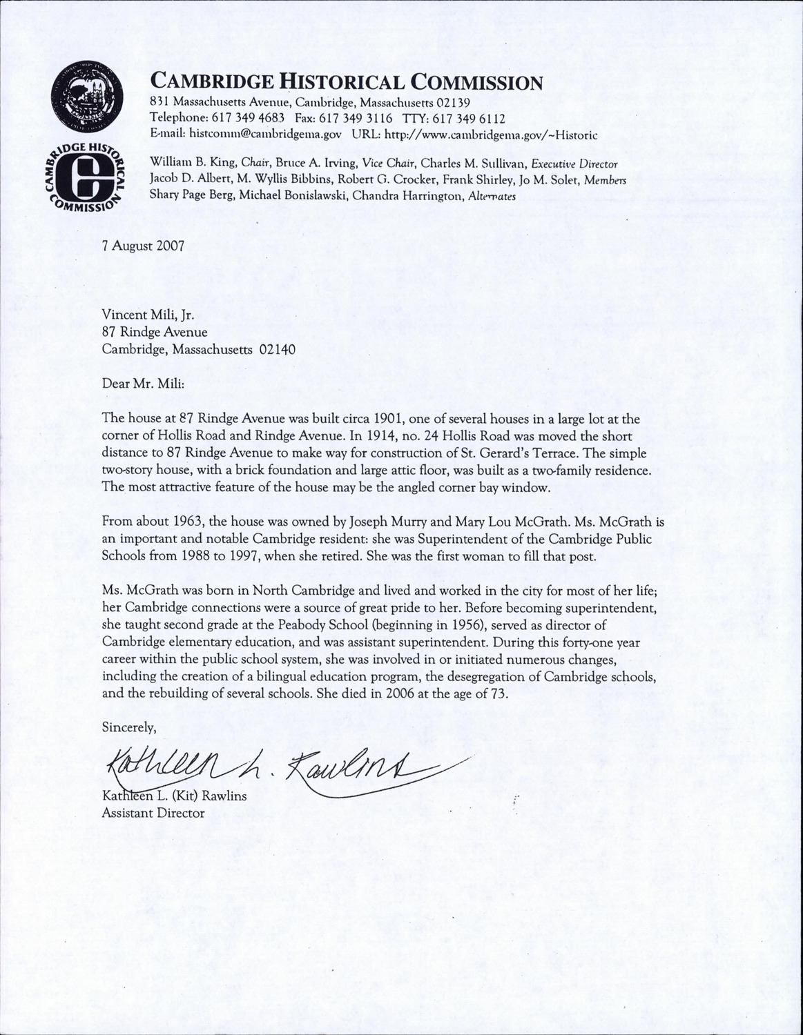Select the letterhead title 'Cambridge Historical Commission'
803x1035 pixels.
[x=346, y=83]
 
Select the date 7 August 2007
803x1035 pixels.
[x=143, y=246]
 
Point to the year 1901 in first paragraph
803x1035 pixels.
[x=379, y=419]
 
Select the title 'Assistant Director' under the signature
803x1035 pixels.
[x=153, y=813]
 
